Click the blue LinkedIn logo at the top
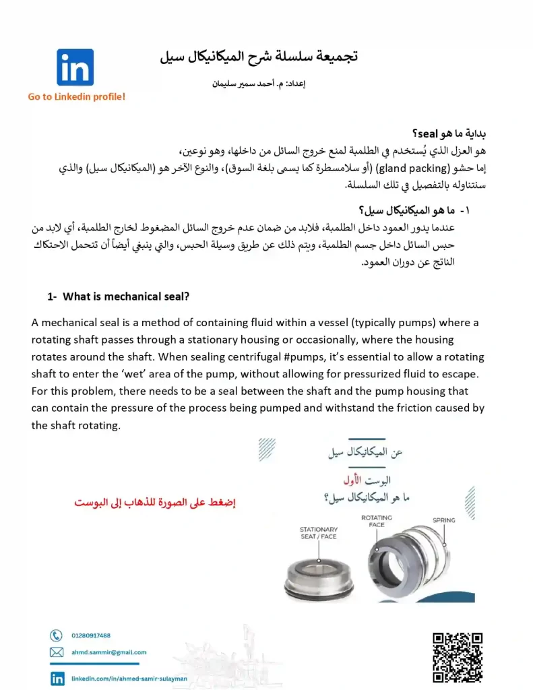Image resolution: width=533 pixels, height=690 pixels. coord(75,67)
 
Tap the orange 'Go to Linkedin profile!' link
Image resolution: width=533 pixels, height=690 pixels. coord(77,97)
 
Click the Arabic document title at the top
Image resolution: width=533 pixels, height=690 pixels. coord(259,56)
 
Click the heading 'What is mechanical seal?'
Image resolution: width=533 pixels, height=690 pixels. coord(127,296)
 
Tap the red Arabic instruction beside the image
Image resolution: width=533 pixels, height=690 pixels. coord(155,503)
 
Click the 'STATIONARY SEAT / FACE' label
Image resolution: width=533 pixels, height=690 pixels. coord(319,533)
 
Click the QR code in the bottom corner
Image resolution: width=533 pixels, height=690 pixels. coord(458,658)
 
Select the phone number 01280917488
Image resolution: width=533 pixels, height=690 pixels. coord(91,635)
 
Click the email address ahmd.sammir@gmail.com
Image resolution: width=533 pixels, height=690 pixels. coord(108,652)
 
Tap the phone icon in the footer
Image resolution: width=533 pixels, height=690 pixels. coord(57,635)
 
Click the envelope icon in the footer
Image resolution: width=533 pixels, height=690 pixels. coord(57,652)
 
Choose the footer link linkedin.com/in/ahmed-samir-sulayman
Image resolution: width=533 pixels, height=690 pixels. coord(129,679)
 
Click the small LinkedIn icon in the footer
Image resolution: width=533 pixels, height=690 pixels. coord(57,678)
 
